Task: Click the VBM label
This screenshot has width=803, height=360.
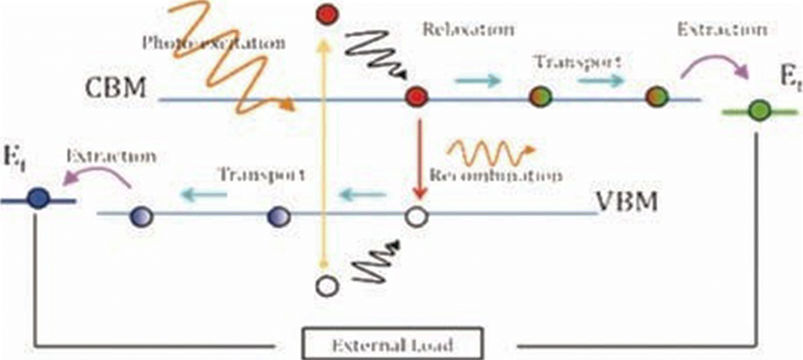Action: pos(627,203)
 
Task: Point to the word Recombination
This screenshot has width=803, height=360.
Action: pos(495,176)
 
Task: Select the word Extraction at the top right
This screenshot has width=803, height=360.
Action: pos(722,29)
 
